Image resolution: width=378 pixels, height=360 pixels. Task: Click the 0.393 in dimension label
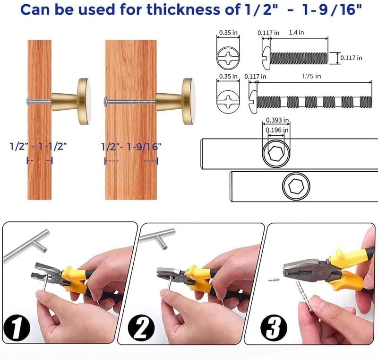pyautogui.click(x=276, y=120)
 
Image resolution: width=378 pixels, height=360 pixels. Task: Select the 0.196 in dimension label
pyautogui.click(x=276, y=130)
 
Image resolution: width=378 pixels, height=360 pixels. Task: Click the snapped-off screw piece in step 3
pyautogui.click(x=273, y=280)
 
